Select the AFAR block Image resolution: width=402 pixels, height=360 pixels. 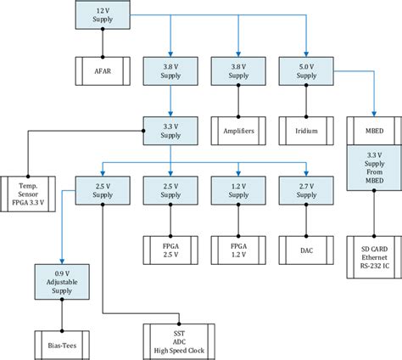(102, 67)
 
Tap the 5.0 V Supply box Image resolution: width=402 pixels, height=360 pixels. (304, 68)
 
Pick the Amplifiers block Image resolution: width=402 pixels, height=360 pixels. (237, 131)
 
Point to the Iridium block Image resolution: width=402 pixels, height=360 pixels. (304, 131)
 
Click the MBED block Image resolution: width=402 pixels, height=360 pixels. (372, 131)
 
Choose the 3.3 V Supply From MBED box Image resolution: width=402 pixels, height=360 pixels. (372, 166)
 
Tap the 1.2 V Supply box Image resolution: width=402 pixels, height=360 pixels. (237, 191)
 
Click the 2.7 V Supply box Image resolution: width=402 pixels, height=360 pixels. (304, 191)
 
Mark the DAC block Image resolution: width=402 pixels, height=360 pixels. (304, 250)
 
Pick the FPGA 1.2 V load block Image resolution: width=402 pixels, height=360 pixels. (237, 250)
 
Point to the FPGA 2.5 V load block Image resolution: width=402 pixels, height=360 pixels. (170, 250)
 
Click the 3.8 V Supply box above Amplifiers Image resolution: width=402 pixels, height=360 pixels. (237, 68)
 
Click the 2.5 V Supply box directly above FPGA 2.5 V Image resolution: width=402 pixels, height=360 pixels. (170, 191)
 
